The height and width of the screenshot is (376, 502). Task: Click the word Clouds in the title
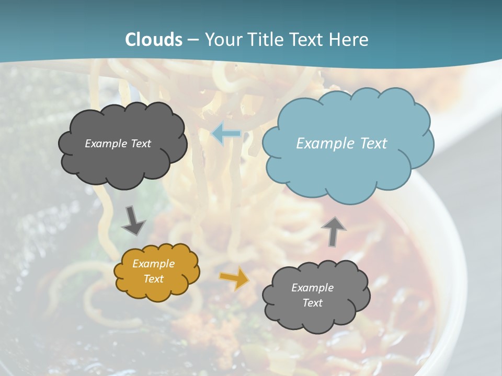(154, 40)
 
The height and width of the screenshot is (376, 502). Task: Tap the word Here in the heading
(351, 40)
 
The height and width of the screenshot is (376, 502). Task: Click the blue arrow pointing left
(226, 134)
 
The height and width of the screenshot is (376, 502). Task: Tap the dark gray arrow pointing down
(133, 221)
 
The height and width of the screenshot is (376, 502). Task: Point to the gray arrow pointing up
(333, 231)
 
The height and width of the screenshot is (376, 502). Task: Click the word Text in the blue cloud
(373, 144)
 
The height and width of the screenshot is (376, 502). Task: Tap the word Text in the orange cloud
(154, 279)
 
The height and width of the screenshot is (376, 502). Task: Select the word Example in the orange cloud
(154, 264)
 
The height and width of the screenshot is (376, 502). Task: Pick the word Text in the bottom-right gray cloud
(313, 303)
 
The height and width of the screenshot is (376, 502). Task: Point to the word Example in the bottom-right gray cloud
(313, 288)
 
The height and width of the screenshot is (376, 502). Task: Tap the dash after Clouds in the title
(193, 40)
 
